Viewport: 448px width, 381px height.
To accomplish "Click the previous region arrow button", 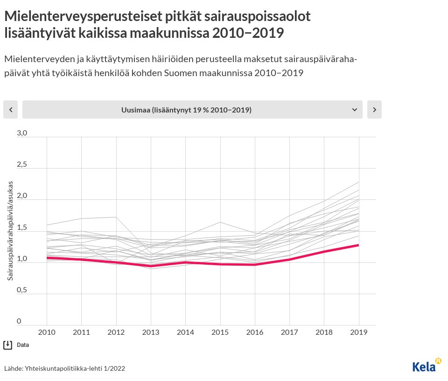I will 10,110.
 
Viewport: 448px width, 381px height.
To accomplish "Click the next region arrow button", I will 374,110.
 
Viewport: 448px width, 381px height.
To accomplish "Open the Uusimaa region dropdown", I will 192,110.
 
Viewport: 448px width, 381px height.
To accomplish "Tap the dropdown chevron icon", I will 354,110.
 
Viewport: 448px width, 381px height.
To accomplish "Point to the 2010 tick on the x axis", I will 47,332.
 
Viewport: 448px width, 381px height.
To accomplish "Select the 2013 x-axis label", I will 151,332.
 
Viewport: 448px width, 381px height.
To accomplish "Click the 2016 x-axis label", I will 255,332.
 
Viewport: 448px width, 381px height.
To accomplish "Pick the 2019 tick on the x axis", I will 358,332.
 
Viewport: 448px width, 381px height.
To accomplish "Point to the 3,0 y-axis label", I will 22,133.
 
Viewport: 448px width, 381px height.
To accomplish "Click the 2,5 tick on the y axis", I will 22,164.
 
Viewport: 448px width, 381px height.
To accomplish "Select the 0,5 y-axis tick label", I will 22,290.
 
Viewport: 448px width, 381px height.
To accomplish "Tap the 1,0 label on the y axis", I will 22,259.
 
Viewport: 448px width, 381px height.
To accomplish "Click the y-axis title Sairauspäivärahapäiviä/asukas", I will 10,231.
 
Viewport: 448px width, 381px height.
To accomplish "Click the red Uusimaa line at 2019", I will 358,245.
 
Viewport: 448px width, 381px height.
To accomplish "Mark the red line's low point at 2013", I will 151,266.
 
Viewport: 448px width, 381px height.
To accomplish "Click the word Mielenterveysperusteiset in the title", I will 83,16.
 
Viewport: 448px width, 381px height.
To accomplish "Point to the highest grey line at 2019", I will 358,182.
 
